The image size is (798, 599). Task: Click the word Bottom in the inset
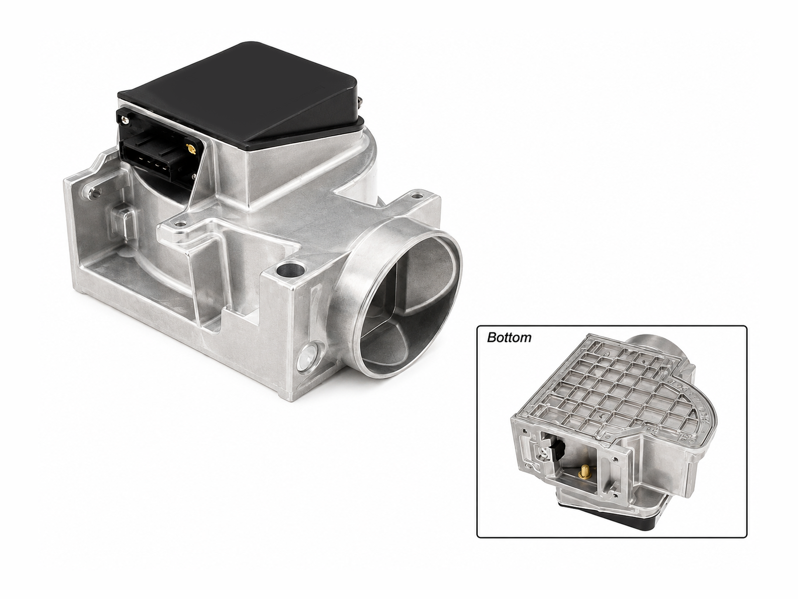509,337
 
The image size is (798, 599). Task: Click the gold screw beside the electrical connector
190,148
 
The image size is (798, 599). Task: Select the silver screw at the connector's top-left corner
126,118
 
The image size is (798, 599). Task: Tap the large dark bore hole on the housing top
289,270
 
